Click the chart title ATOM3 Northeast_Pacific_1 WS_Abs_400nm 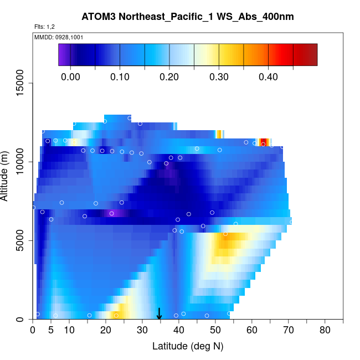click(x=187, y=17)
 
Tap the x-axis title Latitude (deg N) click(x=187, y=346)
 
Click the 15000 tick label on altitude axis click(x=23, y=83)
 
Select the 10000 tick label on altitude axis click(x=23, y=162)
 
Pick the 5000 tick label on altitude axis click(x=23, y=241)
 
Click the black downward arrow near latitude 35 click(x=160, y=315)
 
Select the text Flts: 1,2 click(x=44, y=27)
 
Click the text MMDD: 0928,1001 click(x=54, y=37)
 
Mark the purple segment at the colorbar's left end click(x=63, y=54)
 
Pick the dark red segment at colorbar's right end click(x=310, y=54)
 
